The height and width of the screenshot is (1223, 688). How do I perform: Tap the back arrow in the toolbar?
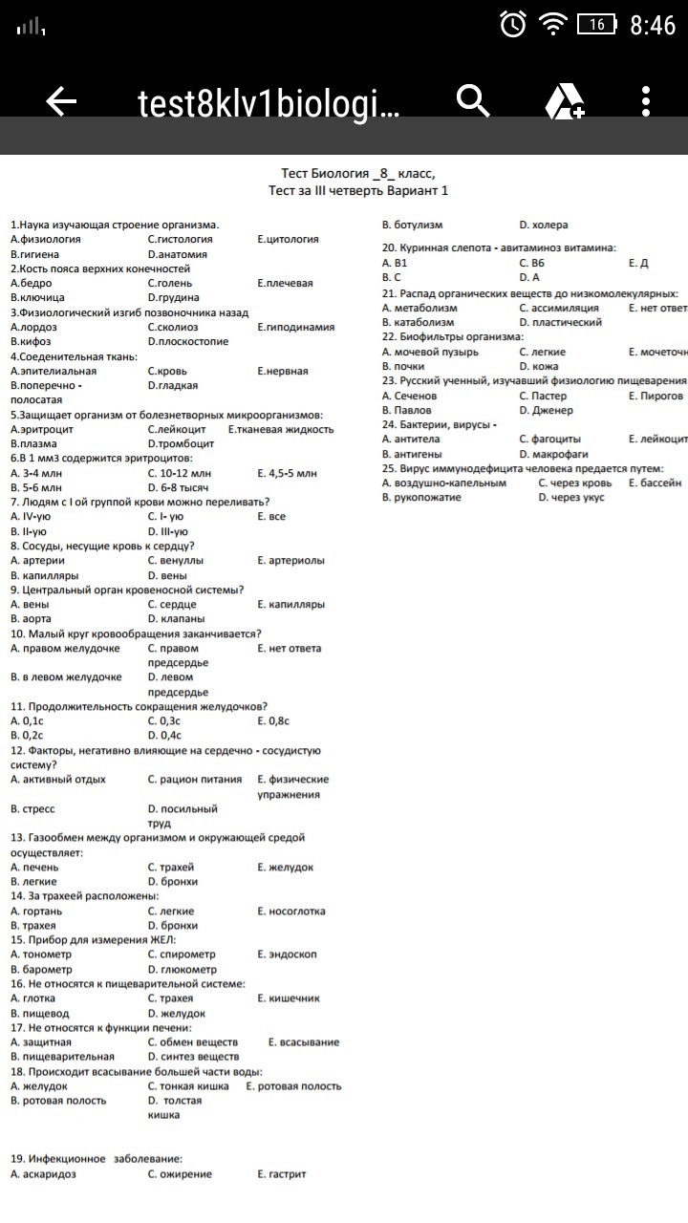tap(61, 101)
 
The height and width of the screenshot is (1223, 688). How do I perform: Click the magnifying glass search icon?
tap(473, 99)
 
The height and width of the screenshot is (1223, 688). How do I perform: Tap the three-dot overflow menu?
tap(647, 101)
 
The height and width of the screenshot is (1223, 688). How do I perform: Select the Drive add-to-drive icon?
tap(564, 101)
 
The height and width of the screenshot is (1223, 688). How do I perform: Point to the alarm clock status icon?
tap(513, 24)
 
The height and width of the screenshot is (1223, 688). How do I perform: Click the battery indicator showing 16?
tap(597, 24)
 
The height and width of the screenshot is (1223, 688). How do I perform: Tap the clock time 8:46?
tap(653, 25)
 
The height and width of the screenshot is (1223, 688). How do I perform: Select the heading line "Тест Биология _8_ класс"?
tap(357, 173)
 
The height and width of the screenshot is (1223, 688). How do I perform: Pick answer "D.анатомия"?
tap(178, 254)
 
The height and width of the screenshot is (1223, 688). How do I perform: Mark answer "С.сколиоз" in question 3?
tap(173, 327)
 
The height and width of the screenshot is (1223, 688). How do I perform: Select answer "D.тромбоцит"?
tap(181, 443)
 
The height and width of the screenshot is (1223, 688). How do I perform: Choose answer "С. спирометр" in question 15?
tap(182, 954)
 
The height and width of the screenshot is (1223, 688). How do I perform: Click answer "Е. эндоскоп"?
tap(287, 954)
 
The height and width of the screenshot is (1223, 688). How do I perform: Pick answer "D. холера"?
tap(543, 225)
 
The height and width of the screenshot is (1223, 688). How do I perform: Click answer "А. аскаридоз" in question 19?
tap(43, 1173)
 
